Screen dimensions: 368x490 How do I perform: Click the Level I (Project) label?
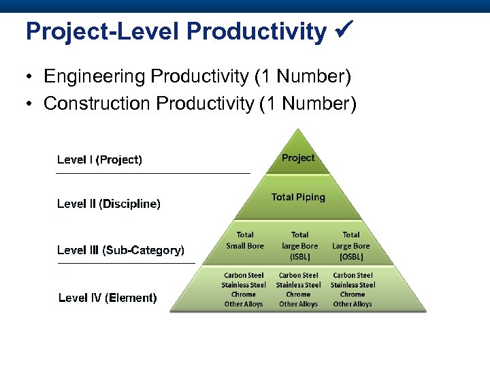pyautogui.click(x=99, y=159)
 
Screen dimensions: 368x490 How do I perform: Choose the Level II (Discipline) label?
pyautogui.click(x=108, y=204)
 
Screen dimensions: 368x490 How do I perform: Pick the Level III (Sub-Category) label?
pyautogui.click(x=120, y=250)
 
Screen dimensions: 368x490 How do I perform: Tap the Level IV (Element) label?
pyautogui.click(x=108, y=298)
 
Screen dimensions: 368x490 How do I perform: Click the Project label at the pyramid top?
pyautogui.click(x=298, y=158)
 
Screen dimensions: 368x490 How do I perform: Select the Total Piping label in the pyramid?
pyautogui.click(x=298, y=197)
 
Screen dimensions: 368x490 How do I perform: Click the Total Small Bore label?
pyautogui.click(x=244, y=241)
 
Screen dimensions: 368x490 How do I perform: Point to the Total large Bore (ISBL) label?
pyautogui.click(x=299, y=245)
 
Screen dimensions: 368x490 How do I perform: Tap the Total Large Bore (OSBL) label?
pyautogui.click(x=351, y=245)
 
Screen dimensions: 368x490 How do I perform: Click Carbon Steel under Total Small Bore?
pyautogui.click(x=244, y=275)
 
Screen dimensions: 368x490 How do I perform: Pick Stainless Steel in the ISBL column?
pyautogui.click(x=298, y=285)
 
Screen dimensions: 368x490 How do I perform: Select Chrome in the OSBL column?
pyautogui.click(x=353, y=294)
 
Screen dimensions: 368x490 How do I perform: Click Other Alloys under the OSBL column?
pyautogui.click(x=353, y=304)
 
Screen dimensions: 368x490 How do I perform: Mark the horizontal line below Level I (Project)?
pyautogui.click(x=152, y=174)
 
